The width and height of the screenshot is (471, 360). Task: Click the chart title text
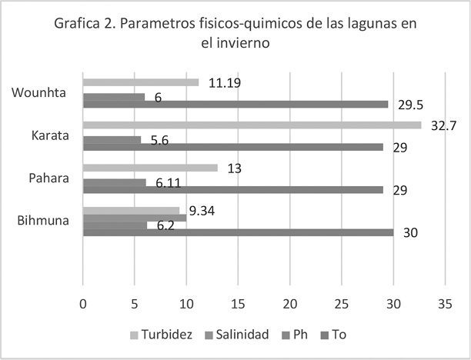pos(235,34)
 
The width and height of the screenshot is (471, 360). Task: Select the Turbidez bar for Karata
pos(252,125)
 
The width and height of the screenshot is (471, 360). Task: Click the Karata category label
pos(50,136)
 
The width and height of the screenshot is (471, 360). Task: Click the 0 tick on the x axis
pos(83,304)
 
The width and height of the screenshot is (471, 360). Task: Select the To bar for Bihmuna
pos(238,233)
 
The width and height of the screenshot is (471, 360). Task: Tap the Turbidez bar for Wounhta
pos(140,82)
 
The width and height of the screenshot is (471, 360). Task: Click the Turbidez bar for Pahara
pos(150,168)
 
